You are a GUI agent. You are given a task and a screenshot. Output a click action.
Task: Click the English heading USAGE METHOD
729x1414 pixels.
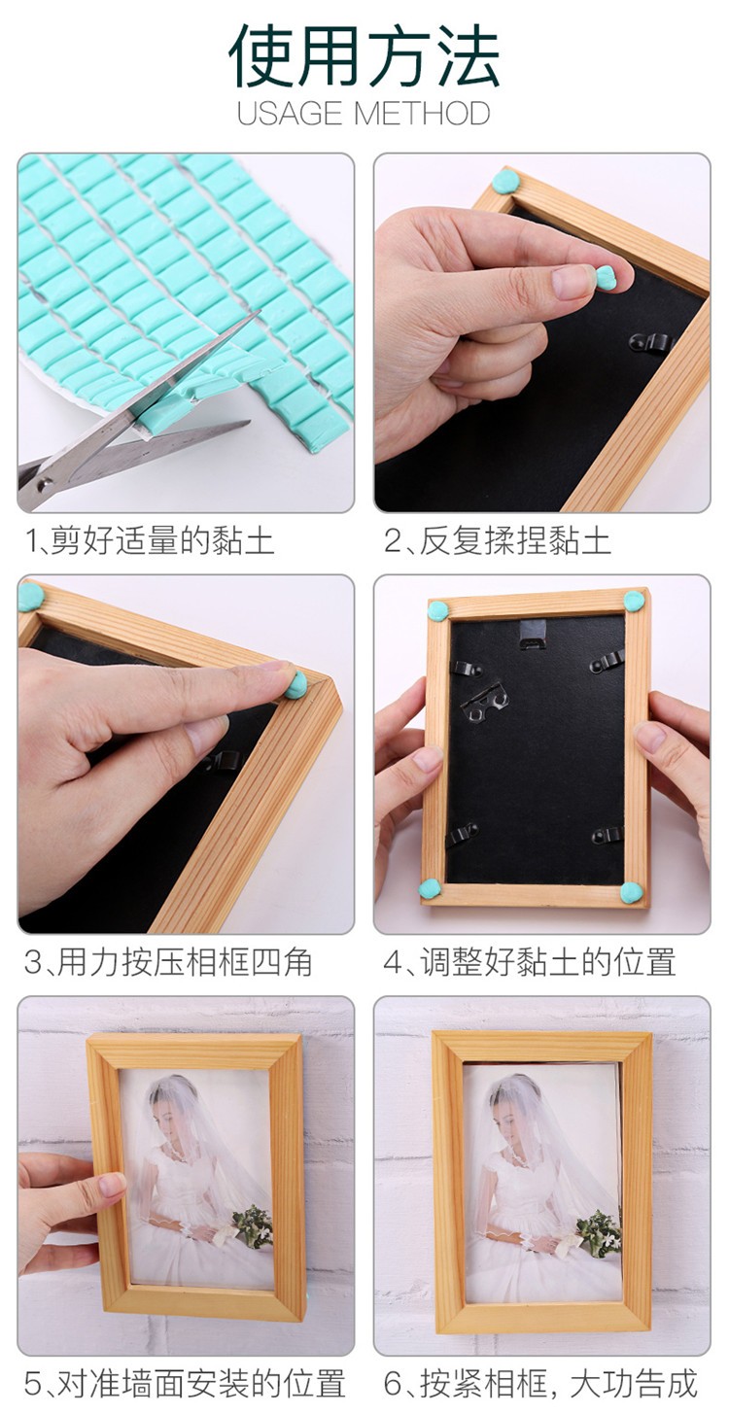point(364,114)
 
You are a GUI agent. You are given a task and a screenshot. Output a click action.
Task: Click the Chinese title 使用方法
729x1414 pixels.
point(364,56)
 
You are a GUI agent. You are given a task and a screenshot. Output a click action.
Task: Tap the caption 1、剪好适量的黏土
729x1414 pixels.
point(150,541)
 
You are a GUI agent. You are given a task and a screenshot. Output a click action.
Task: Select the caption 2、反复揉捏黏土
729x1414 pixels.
point(498,541)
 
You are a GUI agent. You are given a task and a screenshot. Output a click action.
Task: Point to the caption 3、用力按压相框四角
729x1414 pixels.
point(168,963)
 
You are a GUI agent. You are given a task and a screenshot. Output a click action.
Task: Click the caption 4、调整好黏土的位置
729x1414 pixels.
point(530,963)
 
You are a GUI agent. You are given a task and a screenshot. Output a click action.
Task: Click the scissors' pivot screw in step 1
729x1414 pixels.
point(46,484)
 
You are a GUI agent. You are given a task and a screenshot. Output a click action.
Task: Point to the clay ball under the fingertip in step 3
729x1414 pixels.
point(295,684)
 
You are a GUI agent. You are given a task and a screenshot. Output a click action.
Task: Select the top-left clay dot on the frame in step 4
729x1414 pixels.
point(438,610)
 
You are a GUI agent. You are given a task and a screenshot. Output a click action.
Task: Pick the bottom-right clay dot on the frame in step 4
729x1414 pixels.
point(631,892)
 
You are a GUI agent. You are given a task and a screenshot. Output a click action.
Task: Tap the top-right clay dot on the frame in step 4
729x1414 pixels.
point(635,599)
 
